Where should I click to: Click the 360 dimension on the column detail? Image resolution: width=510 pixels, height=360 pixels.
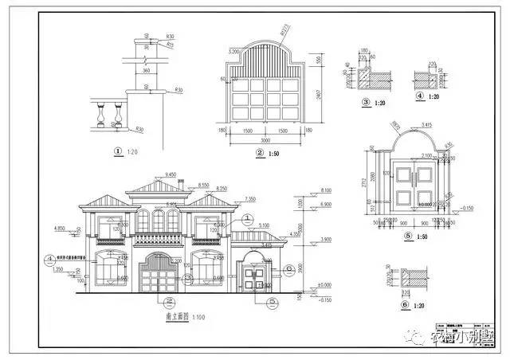146,70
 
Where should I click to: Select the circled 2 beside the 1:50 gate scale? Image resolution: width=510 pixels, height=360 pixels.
259,151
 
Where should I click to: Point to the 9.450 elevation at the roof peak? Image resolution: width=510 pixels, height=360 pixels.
170,174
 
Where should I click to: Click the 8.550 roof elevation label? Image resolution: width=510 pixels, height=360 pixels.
204,184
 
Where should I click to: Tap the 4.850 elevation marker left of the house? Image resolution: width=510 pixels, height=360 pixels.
59,228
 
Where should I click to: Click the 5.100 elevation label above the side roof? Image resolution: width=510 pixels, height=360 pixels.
265,225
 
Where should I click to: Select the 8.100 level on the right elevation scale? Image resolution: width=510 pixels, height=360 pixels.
324,190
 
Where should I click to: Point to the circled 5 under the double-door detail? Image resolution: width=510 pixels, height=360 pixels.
409,237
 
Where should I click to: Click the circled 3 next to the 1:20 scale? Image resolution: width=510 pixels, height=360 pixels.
365,102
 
